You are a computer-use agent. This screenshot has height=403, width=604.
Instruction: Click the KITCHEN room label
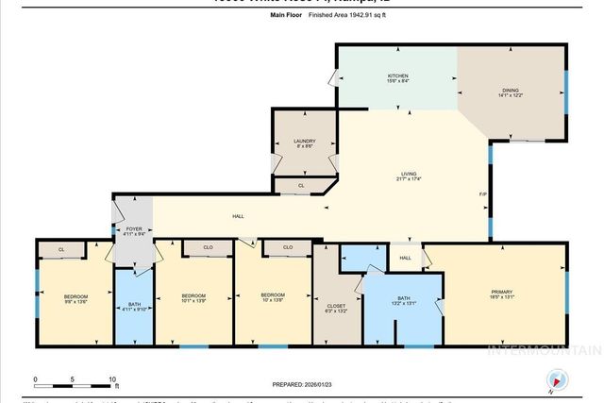[x=397, y=76]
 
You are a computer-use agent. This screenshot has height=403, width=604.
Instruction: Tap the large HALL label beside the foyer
[x=239, y=216]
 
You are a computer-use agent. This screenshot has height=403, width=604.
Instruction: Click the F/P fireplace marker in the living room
[x=482, y=195]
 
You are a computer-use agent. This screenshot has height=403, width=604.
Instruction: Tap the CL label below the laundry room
[x=301, y=186]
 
